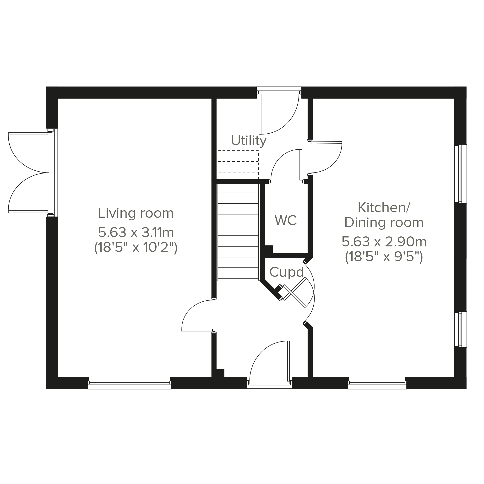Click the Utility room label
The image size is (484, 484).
[x=249, y=141]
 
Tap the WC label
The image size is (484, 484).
[x=286, y=220]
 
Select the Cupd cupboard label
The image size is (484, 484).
[x=287, y=272]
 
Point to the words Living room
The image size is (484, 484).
[x=136, y=213]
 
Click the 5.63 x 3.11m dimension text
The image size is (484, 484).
[x=136, y=232]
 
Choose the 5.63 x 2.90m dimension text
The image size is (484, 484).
[x=384, y=242]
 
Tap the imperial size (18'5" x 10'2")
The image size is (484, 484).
[x=136, y=248]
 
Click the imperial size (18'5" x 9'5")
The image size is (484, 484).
[x=384, y=257]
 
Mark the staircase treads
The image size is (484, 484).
[x=238, y=232]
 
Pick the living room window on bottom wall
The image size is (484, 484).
[x=130, y=383]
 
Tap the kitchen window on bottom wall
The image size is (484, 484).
[x=377, y=383]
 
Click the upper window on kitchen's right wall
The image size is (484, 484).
[x=461, y=174]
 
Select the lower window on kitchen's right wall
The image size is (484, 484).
[x=461, y=329]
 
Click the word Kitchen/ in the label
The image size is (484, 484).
[x=384, y=207]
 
